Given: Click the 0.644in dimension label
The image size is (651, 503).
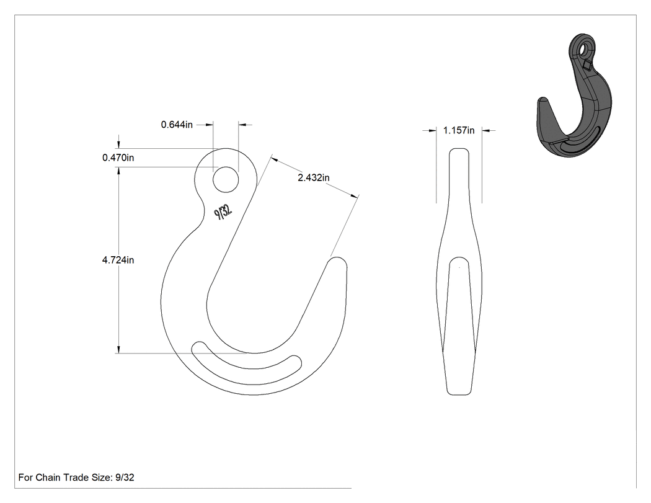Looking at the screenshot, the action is (177, 125).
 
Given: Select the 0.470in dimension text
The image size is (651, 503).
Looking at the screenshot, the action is (118, 158).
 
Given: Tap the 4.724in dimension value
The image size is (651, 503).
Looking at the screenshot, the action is (118, 260).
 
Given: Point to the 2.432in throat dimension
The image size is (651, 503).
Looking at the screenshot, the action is (314, 178).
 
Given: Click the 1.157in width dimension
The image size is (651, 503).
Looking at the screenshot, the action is (459, 130).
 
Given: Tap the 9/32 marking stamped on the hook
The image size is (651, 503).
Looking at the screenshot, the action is (223, 212).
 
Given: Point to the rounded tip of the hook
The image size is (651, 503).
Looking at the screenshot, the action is (337, 262).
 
